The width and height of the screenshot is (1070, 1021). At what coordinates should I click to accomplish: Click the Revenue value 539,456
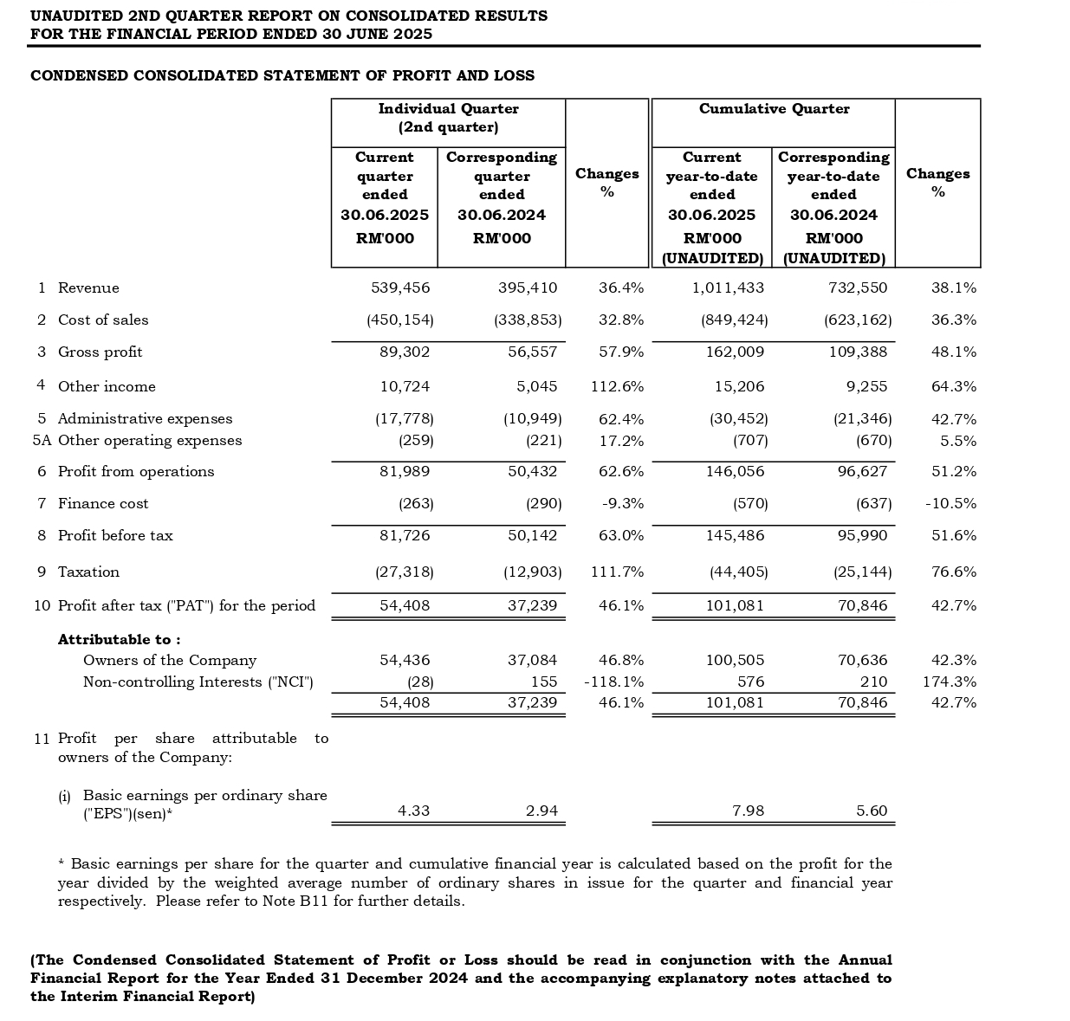[400, 288]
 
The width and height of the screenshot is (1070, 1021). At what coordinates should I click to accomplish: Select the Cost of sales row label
[103, 320]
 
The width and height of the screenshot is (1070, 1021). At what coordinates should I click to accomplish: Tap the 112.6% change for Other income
[617, 387]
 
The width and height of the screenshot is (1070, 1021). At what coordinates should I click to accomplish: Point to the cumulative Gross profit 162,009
[735, 352]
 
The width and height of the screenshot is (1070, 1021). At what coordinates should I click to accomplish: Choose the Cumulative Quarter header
[774, 109]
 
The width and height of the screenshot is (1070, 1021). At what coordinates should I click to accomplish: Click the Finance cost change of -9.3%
[622, 504]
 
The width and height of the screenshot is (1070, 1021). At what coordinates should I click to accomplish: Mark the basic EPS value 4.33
[413, 811]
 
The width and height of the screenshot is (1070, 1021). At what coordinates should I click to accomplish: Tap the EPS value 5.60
[872, 811]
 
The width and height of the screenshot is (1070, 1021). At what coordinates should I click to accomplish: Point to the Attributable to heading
[119, 640]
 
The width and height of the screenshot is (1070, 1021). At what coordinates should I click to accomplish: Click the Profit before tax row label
[115, 536]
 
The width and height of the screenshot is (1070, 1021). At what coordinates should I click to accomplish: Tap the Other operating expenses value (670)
[874, 441]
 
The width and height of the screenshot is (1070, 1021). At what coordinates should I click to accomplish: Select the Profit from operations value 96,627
[862, 472]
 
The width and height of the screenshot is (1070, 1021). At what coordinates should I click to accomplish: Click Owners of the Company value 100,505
[735, 661]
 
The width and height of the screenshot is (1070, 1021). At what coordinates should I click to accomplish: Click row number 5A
[42, 441]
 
